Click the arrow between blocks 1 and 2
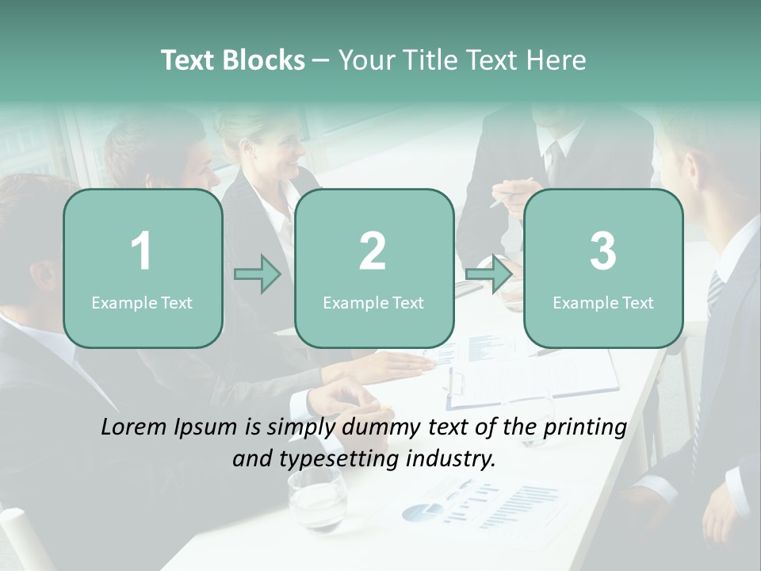tap(258, 274)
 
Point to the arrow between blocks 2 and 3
tap(488, 274)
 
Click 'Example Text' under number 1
tap(142, 302)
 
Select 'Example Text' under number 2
tap(373, 302)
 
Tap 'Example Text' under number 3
tap(603, 302)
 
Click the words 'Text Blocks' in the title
tap(233, 60)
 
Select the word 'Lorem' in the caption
tap(132, 427)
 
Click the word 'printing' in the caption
tap(587, 427)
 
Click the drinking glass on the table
tap(316, 498)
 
